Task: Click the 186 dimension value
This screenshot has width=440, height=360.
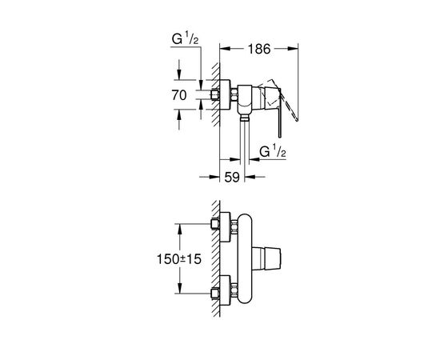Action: point(259,49)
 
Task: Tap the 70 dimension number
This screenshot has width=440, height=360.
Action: point(179,95)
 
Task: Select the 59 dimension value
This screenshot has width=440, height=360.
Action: point(232,178)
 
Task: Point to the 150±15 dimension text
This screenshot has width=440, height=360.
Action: point(179,259)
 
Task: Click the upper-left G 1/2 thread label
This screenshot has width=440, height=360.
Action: point(186,39)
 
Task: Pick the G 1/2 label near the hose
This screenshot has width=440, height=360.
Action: point(273,152)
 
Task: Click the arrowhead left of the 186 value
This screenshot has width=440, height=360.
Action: point(226,49)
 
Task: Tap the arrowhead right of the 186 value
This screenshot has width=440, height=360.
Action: point(293,49)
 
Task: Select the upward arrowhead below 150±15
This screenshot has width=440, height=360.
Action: point(179,288)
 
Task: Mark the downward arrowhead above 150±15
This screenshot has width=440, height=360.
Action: point(179,230)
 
